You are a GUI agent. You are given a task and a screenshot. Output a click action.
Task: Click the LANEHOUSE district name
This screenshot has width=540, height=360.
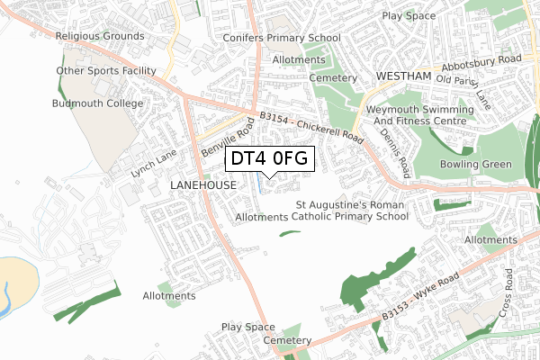tap(202, 184)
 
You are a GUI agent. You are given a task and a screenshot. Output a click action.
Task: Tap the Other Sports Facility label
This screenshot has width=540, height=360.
tap(106, 70)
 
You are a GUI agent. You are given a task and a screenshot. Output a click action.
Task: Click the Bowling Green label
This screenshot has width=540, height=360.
tap(476, 164)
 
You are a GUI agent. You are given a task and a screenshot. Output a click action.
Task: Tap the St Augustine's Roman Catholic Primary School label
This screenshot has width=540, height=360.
tap(352, 211)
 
